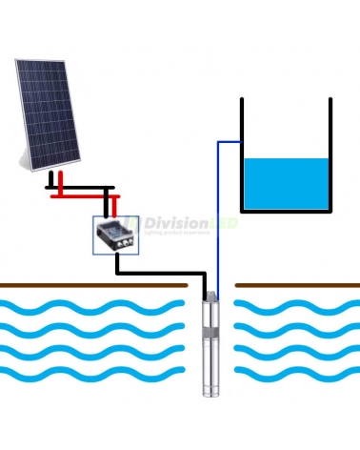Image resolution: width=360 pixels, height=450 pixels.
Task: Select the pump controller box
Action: point(113,233)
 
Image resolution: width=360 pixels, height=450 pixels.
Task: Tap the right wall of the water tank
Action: point(330,153)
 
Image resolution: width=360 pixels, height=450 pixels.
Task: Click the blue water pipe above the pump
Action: point(218,219)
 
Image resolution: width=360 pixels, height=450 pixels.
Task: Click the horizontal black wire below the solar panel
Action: point(81,187)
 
